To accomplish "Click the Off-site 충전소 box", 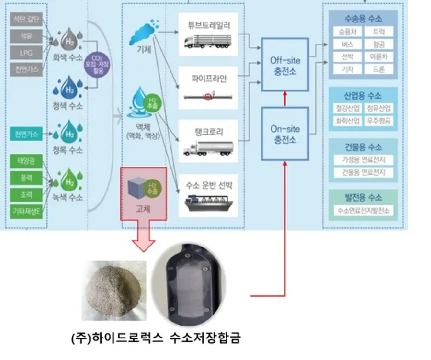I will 285,65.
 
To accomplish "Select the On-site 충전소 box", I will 285,134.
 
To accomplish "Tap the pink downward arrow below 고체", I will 143,236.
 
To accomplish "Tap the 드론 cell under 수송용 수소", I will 378,69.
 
